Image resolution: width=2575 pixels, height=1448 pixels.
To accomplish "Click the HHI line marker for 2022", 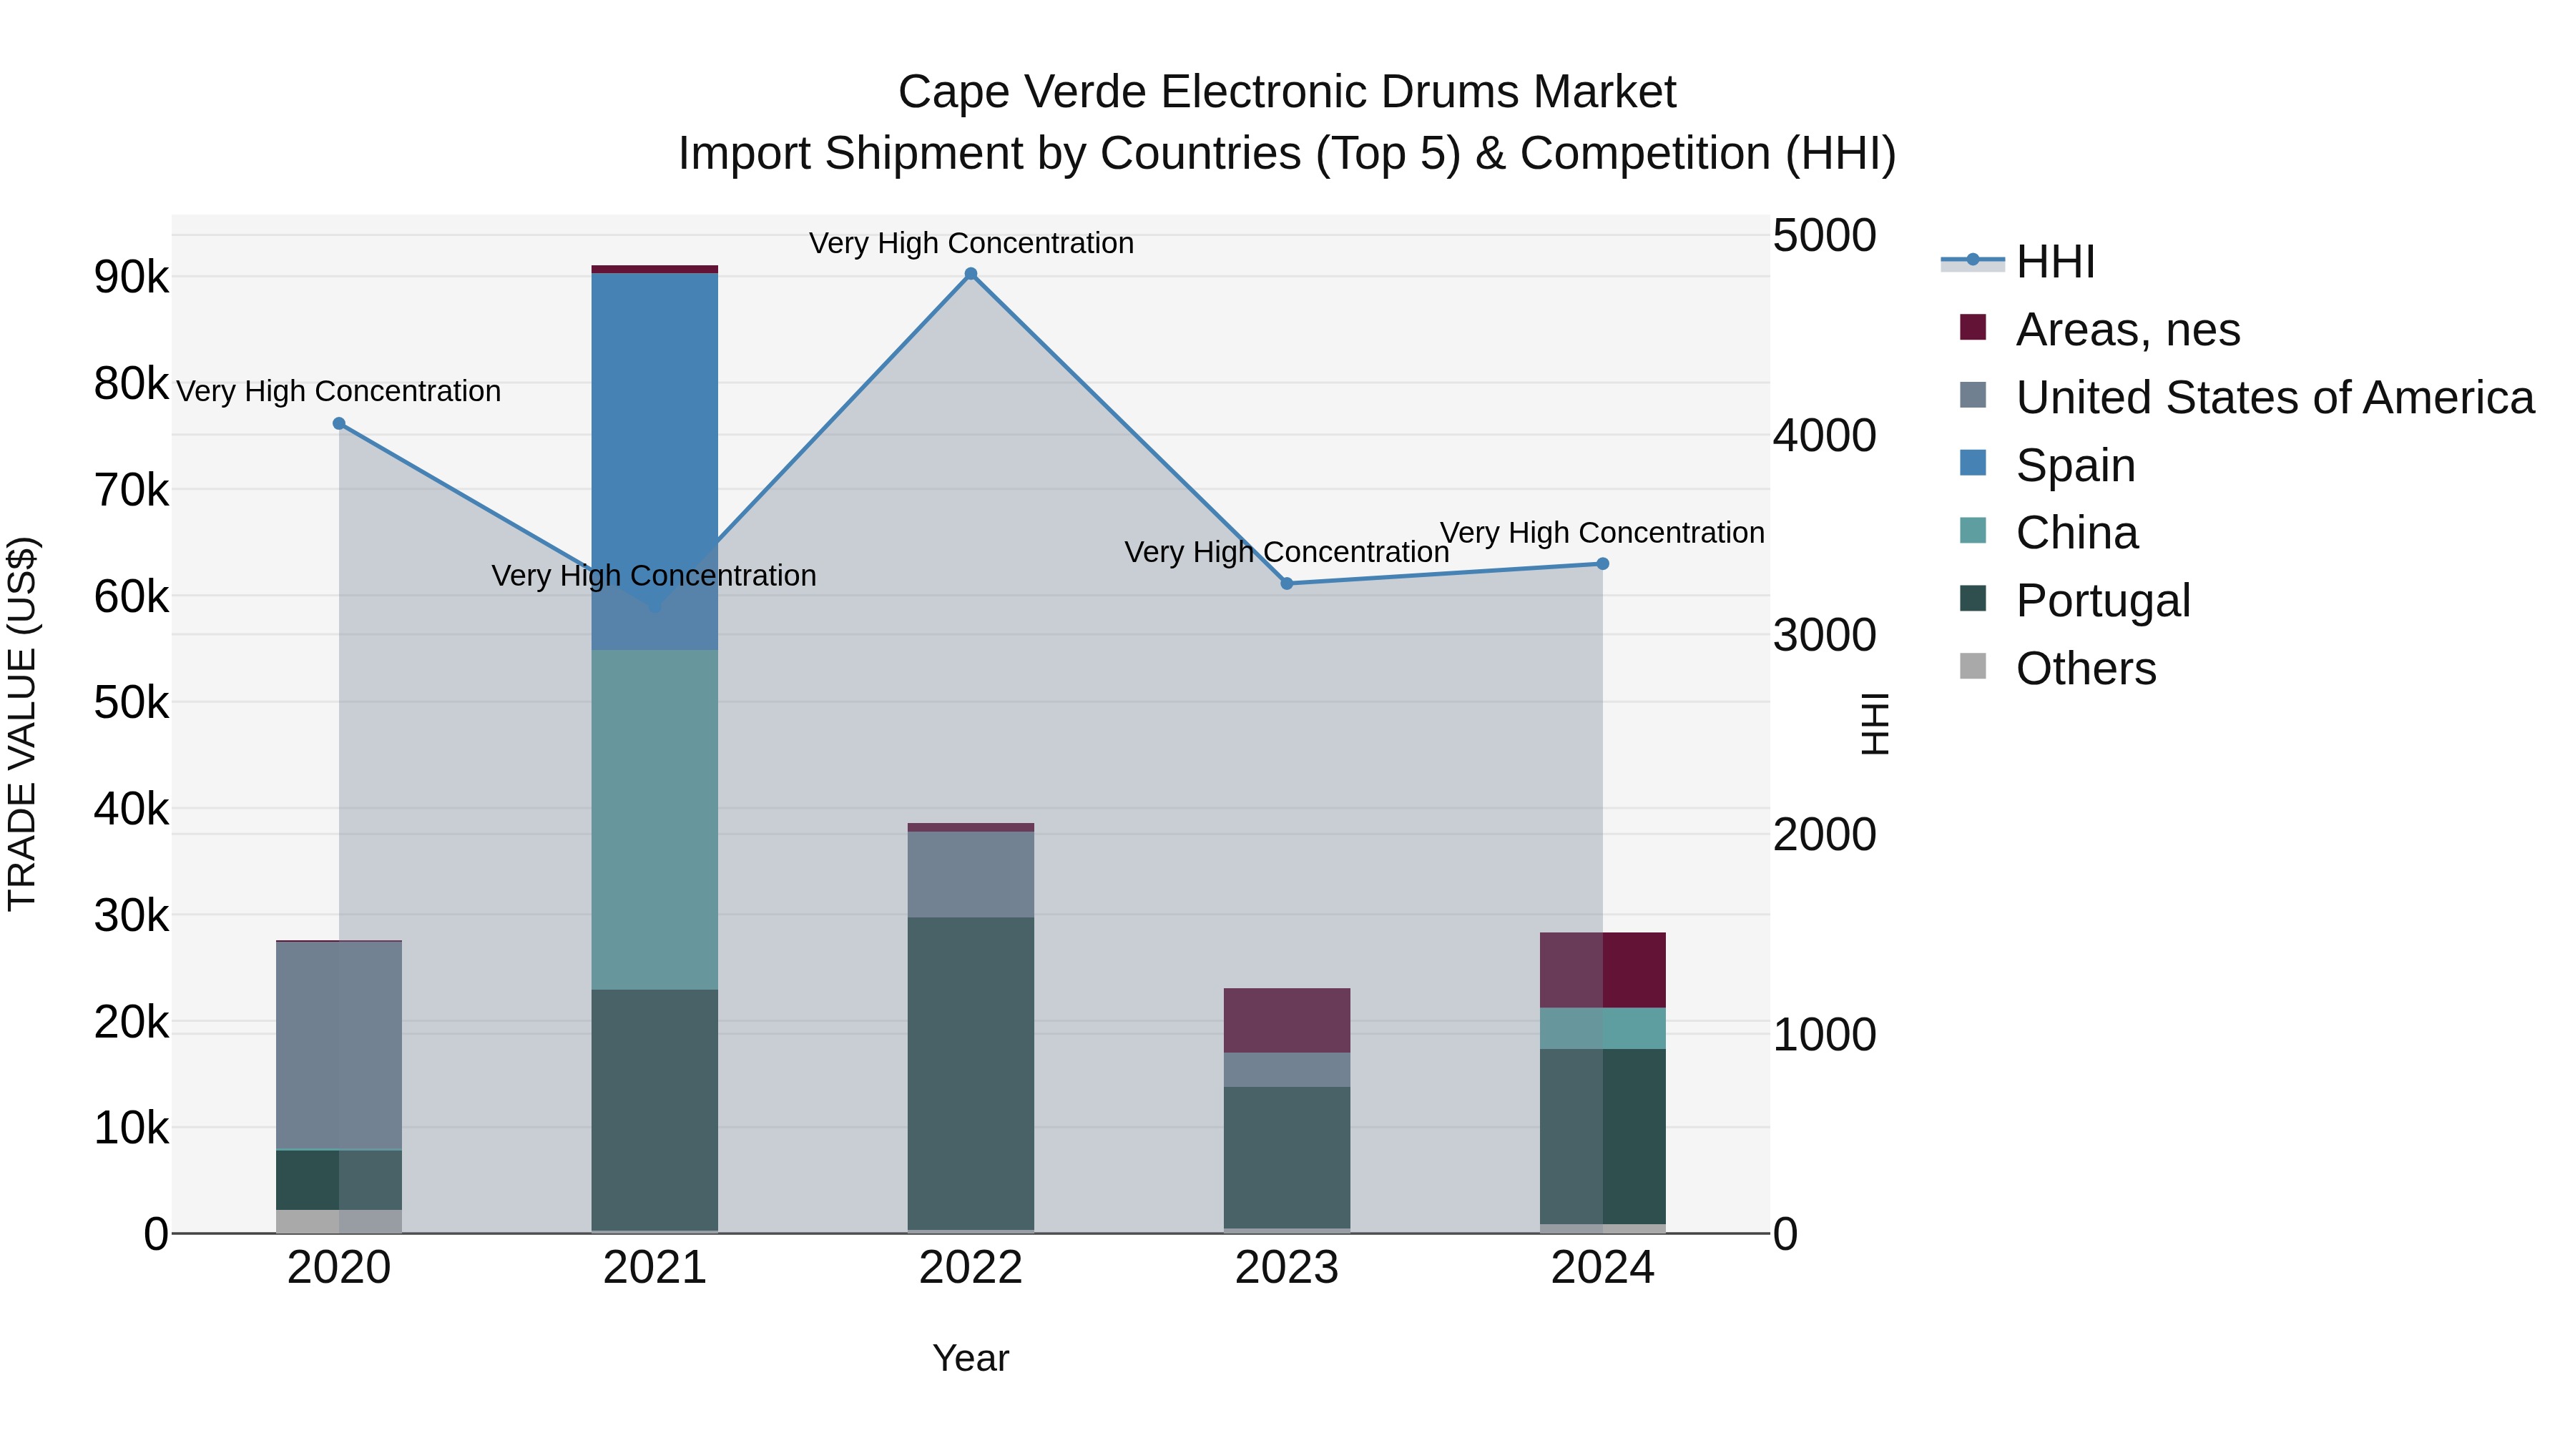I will (x=971, y=274).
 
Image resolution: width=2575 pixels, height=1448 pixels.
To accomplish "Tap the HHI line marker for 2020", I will (x=339, y=424).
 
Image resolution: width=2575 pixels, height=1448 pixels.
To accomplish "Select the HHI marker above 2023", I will (x=1287, y=583).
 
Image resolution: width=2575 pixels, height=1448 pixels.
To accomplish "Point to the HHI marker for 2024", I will (x=1602, y=563).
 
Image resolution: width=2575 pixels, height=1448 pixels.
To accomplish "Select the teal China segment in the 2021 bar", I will (x=654, y=819).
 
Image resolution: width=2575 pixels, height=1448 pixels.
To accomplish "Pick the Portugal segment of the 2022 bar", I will (x=971, y=1074).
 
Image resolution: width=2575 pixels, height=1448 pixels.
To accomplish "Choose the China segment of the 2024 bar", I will (x=1602, y=1028).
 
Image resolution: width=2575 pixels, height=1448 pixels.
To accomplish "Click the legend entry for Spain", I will (x=2075, y=466).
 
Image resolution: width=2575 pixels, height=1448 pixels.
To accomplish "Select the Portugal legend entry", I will (x=2102, y=601).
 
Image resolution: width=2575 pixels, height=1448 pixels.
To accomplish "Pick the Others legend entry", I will (x=2085, y=669).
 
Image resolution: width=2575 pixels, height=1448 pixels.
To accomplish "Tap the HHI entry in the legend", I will (x=2054, y=262).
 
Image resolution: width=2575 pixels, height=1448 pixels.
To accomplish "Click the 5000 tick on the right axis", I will (x=1824, y=236).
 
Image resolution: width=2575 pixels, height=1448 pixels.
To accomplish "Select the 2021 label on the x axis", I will (x=654, y=1268).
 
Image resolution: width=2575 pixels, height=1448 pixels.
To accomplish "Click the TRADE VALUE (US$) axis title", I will (x=22, y=724).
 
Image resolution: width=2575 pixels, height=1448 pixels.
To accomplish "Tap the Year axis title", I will (x=970, y=1358).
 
